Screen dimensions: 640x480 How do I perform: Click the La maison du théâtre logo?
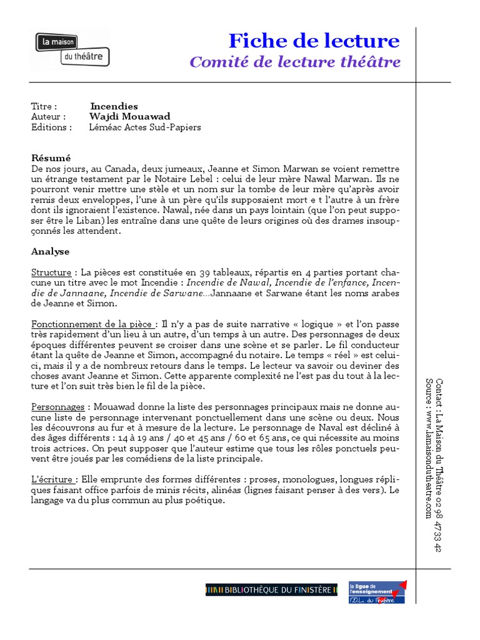tap(72, 49)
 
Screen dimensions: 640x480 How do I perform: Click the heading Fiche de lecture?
tap(314, 41)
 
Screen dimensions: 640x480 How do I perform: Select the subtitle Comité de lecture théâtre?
tap(295, 62)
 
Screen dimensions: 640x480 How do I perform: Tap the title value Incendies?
tap(114, 106)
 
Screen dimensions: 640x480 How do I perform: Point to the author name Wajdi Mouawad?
tap(129, 117)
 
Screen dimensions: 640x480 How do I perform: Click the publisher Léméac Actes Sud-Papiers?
tap(145, 127)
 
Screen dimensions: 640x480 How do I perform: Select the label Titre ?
tap(44, 106)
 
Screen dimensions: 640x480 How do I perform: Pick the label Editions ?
tap(51, 127)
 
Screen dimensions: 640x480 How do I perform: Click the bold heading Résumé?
tap(51, 158)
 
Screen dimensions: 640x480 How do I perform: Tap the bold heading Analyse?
tap(51, 251)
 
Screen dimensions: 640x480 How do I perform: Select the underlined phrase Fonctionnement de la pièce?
tap(92, 324)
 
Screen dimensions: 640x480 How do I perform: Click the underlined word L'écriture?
tap(54, 479)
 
